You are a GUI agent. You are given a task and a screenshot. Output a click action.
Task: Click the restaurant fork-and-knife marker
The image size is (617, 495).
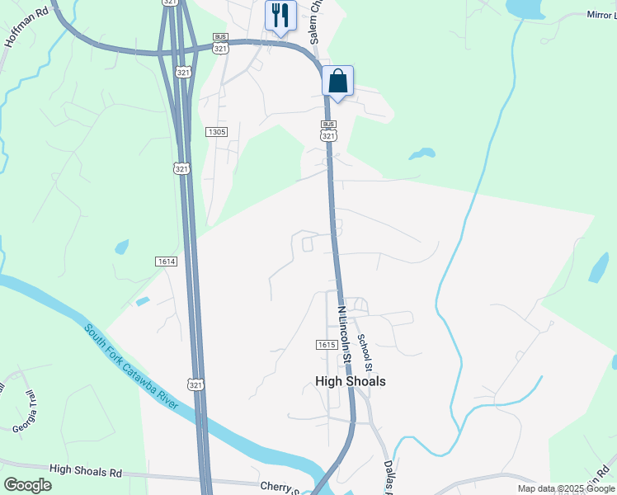[280, 15]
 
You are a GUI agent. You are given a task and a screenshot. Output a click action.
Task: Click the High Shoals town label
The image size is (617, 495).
[351, 381]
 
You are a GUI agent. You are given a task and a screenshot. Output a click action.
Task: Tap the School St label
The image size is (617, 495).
[369, 351]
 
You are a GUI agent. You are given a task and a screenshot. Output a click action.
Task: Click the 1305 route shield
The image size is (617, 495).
[217, 132]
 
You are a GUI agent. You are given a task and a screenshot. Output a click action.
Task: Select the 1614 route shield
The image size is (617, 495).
[166, 262]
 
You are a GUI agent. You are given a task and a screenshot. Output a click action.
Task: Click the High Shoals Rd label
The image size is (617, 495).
[85, 471]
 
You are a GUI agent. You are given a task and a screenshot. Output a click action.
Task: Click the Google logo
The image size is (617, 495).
[27, 484]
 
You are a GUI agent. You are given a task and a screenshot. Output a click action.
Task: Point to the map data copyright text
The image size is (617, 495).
[565, 488]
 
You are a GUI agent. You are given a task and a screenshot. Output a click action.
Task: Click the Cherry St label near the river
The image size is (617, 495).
[279, 488]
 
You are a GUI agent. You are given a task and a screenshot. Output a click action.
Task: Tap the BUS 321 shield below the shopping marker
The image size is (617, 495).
[328, 131]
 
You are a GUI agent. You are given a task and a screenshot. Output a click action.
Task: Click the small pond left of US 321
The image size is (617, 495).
[122, 246]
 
